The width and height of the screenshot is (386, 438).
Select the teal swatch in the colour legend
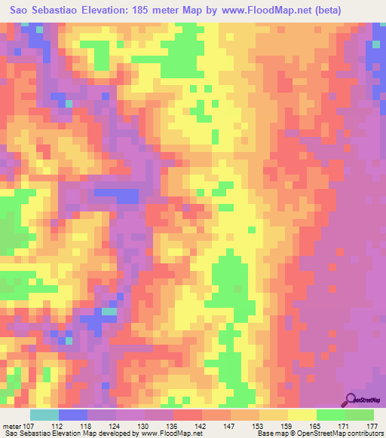click(44, 415)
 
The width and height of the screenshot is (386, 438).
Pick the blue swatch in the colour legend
click(73, 415)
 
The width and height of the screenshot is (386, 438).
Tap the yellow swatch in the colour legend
click(302, 415)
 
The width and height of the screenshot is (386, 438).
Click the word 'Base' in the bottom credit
click(264, 433)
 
